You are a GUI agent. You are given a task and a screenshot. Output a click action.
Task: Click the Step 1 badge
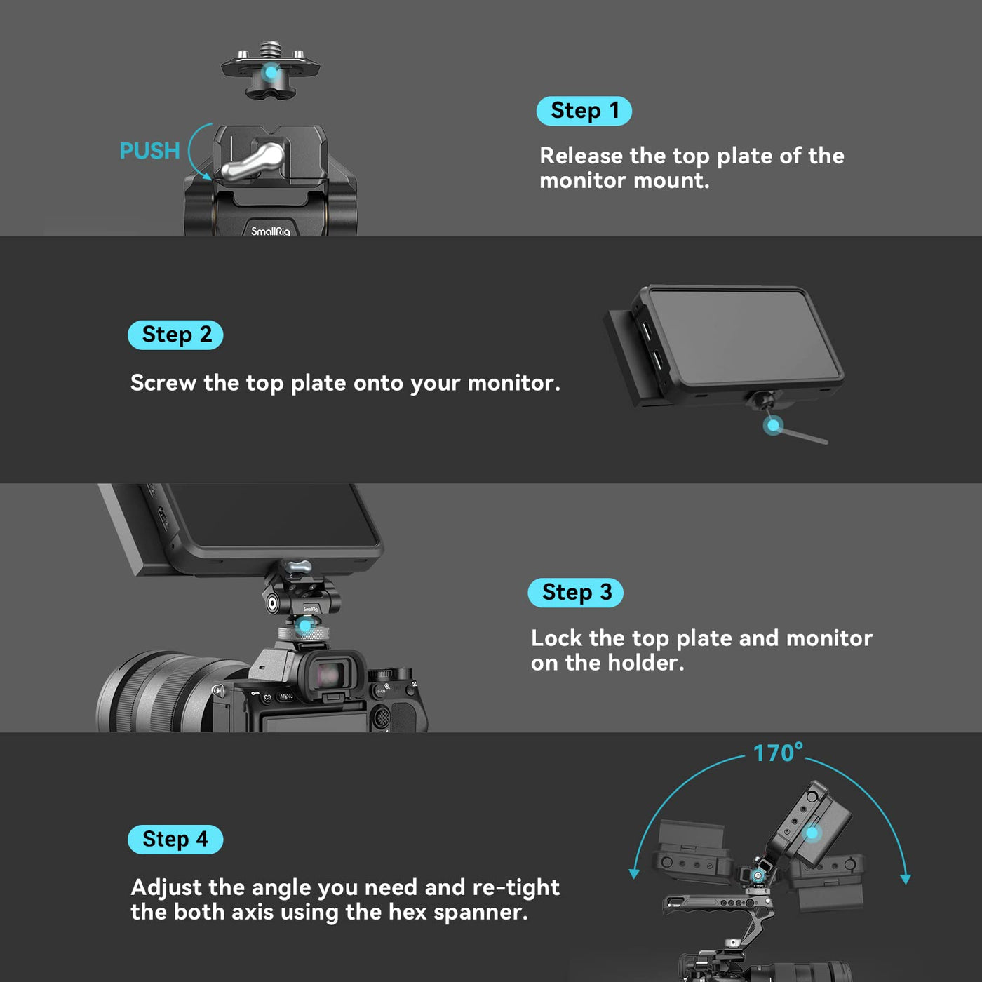[x=584, y=111]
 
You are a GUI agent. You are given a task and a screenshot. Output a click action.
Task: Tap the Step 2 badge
[x=175, y=335]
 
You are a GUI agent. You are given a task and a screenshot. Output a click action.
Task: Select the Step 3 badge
[x=575, y=593]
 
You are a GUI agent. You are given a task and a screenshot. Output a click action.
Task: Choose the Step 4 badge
[x=175, y=840]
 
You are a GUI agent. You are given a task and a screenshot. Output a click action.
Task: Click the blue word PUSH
[x=150, y=151]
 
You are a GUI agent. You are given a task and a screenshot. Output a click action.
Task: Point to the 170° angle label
[x=778, y=753]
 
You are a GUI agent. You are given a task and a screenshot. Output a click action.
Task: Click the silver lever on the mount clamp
[x=253, y=162]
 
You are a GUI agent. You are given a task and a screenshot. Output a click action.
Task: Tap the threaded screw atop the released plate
[x=271, y=50]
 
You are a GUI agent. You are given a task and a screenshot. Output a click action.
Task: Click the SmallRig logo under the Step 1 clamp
[x=271, y=231]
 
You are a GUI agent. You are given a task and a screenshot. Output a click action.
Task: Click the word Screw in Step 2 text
[x=163, y=383]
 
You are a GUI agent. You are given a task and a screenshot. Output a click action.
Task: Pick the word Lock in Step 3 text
[x=556, y=638]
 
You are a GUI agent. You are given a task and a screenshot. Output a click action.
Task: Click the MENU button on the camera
[x=286, y=696]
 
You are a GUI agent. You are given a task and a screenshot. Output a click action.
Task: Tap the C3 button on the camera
[x=267, y=697]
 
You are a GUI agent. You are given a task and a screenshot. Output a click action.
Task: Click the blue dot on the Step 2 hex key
[x=774, y=425]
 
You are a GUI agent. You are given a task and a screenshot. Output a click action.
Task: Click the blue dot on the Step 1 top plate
[x=271, y=72]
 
